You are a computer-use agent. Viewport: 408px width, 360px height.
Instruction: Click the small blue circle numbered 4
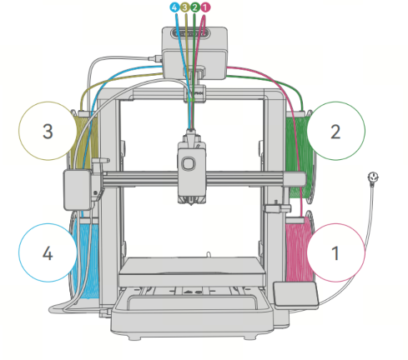point(174,7)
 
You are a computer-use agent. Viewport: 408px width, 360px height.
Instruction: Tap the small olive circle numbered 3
point(184,7)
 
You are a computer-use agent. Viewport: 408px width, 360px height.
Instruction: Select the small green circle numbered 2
point(195,7)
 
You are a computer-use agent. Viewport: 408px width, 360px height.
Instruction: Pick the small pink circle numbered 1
point(205,7)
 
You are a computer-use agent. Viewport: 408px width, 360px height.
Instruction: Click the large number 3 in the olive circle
point(48,131)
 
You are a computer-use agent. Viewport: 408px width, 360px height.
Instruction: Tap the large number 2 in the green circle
point(335,132)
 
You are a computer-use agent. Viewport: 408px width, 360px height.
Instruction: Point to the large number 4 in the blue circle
point(48,253)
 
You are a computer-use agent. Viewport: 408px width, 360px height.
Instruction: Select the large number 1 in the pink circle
point(335,253)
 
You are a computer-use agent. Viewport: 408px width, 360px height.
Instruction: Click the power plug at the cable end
point(373,177)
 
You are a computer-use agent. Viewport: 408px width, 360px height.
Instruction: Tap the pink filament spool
point(299,250)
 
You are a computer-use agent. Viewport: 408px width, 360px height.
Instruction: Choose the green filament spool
point(300,156)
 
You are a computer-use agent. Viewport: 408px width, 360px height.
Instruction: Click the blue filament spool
point(85,257)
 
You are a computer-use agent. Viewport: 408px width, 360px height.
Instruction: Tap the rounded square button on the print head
point(189,163)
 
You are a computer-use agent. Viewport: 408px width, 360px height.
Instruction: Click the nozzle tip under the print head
point(191,204)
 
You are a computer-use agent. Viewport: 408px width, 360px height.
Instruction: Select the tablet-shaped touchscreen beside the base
point(295,294)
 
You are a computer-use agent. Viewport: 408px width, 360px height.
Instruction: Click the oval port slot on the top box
point(190,34)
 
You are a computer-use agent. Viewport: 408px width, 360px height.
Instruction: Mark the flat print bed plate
point(191,271)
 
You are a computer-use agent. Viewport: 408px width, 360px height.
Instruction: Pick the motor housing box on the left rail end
point(78,190)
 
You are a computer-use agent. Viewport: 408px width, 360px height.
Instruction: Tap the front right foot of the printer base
point(249,337)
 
